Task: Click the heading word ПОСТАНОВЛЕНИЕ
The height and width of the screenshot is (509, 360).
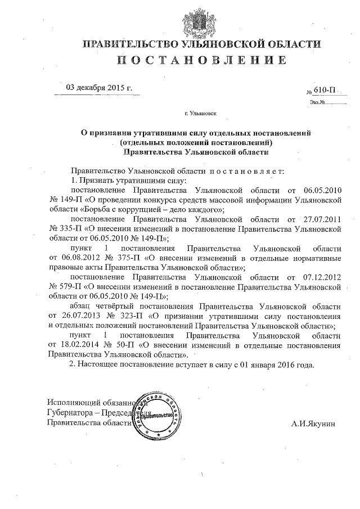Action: click(x=180, y=60)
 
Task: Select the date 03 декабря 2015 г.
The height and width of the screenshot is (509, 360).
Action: click(x=99, y=88)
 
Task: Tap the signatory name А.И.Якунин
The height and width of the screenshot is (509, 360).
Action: click(x=313, y=423)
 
